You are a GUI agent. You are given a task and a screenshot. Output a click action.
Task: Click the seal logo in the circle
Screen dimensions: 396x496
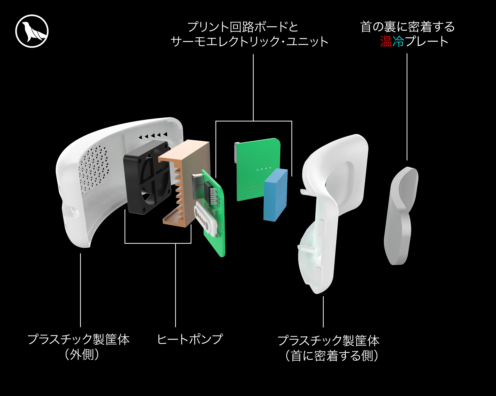[32, 31]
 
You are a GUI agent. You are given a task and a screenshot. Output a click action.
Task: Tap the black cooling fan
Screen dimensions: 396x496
[146, 178]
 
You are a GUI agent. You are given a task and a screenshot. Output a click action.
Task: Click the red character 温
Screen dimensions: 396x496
[386, 41]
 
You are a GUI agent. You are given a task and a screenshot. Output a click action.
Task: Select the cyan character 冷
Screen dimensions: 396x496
[398, 41]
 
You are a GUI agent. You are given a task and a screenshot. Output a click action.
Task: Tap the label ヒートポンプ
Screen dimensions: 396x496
[190, 339]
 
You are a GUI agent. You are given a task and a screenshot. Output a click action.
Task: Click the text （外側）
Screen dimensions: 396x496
[82, 354]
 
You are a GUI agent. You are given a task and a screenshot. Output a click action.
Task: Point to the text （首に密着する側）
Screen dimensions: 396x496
[332, 356]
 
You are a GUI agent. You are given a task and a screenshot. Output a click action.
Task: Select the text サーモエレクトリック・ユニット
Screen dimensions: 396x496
[249, 42]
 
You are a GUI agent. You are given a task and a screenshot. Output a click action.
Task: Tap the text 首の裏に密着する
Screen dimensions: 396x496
[407, 27]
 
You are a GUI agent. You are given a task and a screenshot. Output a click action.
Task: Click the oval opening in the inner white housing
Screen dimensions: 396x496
[341, 181]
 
